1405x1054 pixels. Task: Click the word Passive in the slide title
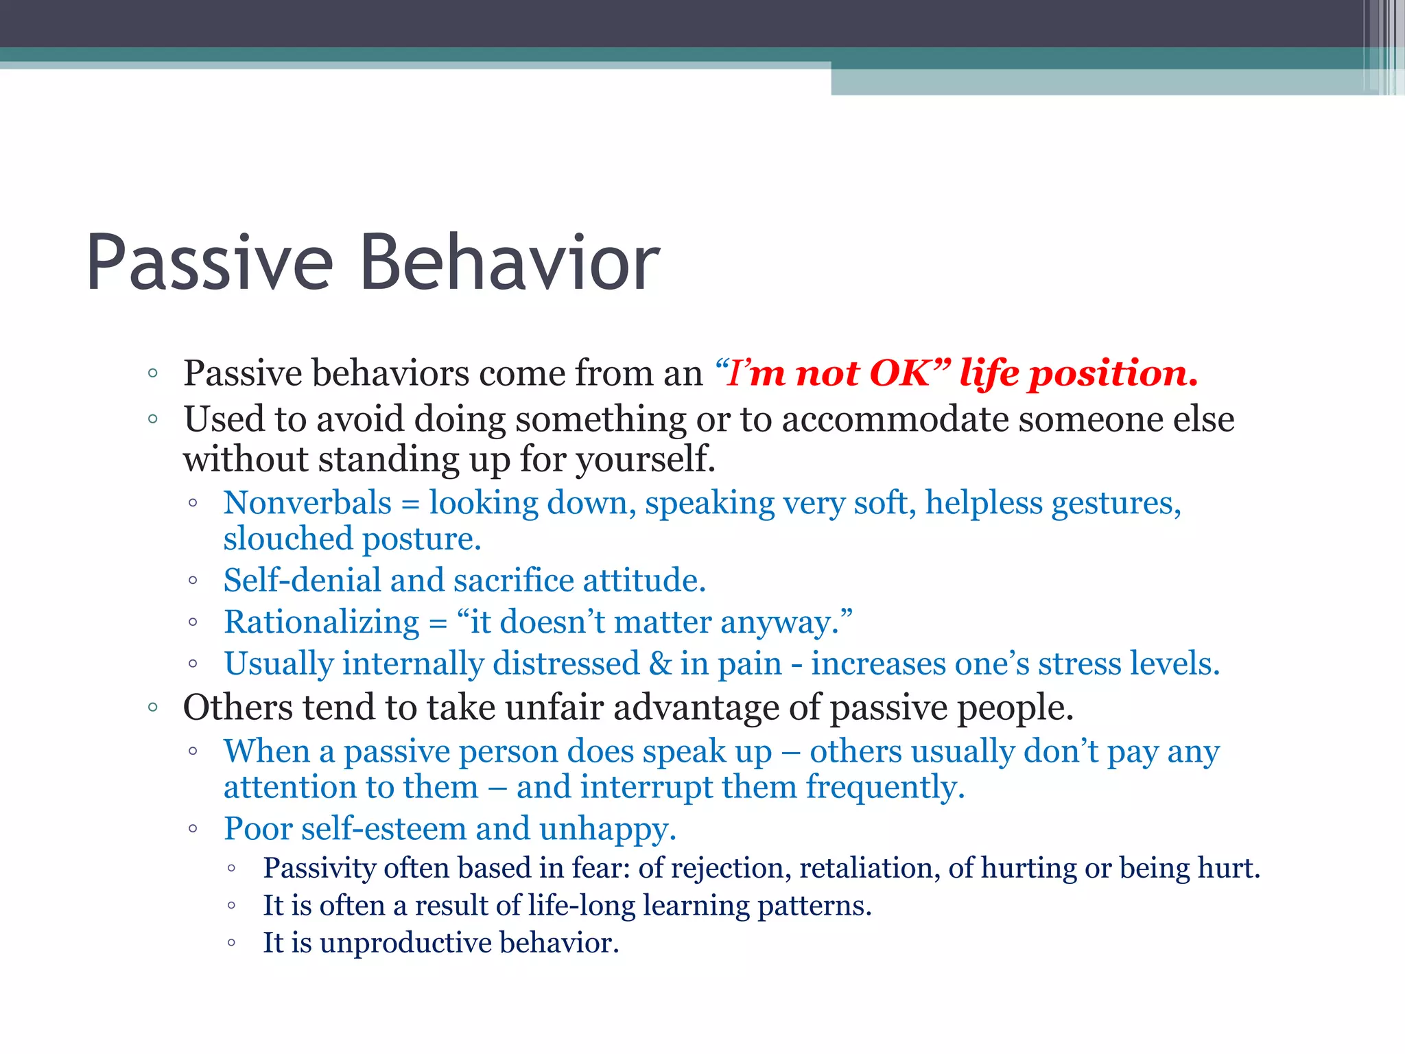pyautogui.click(x=209, y=263)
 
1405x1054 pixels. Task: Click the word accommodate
pyautogui.click(x=895, y=419)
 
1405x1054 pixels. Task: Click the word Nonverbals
pyautogui.click(x=307, y=503)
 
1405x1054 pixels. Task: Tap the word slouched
pyautogui.click(x=287, y=539)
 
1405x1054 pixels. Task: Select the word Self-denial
pyautogui.click(x=302, y=581)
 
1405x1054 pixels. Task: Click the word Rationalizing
pyautogui.click(x=322, y=623)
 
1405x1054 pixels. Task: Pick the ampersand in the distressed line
pyautogui.click(x=660, y=664)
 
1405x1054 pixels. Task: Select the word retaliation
pyautogui.click(x=869, y=868)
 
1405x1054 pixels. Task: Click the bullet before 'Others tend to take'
pyautogui.click(x=153, y=707)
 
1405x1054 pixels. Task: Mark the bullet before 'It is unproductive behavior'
pyautogui.click(x=232, y=944)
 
